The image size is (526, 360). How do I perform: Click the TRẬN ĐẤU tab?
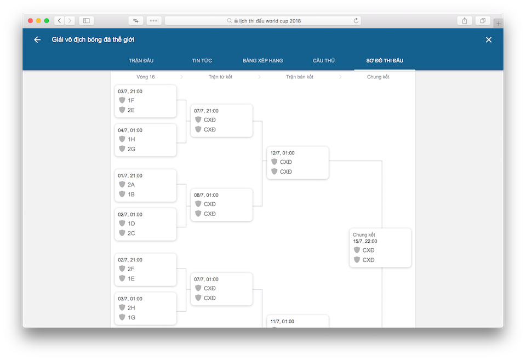pyautogui.click(x=141, y=61)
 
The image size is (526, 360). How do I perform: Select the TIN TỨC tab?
pyautogui.click(x=202, y=61)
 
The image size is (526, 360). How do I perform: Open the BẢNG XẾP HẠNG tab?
pyautogui.click(x=262, y=61)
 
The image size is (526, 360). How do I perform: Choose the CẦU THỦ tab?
pyautogui.click(x=324, y=61)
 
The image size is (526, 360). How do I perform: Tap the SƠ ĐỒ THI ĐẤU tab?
pyautogui.click(x=385, y=61)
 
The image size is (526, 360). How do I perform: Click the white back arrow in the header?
pyautogui.click(x=37, y=39)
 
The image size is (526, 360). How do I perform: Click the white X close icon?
pyautogui.click(x=488, y=39)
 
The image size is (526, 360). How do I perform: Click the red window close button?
pyautogui.click(x=30, y=21)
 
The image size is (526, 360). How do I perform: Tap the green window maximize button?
pyautogui.click(x=47, y=21)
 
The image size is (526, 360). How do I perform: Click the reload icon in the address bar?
pyautogui.click(x=356, y=21)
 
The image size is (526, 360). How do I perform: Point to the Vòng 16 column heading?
pyautogui.click(x=146, y=77)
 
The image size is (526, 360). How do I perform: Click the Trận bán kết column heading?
pyautogui.click(x=300, y=77)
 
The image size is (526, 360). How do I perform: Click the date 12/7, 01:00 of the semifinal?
pyautogui.click(x=283, y=153)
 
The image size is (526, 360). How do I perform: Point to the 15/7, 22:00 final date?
pyautogui.click(x=365, y=241)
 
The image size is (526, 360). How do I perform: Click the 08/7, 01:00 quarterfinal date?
pyautogui.click(x=207, y=195)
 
